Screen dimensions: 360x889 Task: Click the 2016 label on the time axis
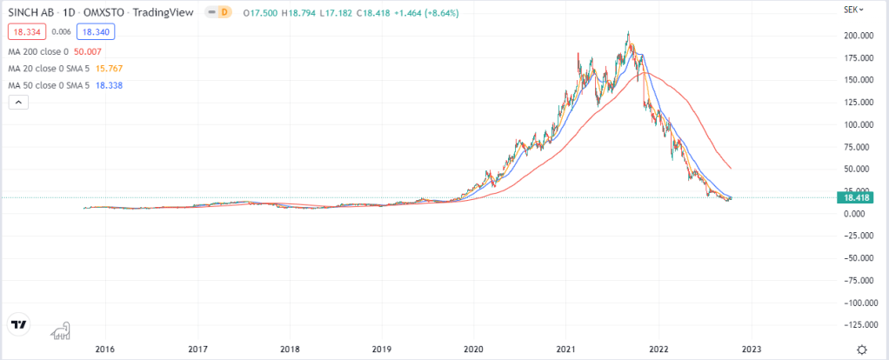[x=104, y=349]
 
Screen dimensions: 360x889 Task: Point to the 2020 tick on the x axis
[x=473, y=349]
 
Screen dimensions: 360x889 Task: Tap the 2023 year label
[x=751, y=349]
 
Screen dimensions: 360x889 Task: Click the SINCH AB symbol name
[x=34, y=13]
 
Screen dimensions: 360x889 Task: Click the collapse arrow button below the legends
[x=18, y=103]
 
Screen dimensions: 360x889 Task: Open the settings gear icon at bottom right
[x=860, y=349]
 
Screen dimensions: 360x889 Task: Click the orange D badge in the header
[x=224, y=13]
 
